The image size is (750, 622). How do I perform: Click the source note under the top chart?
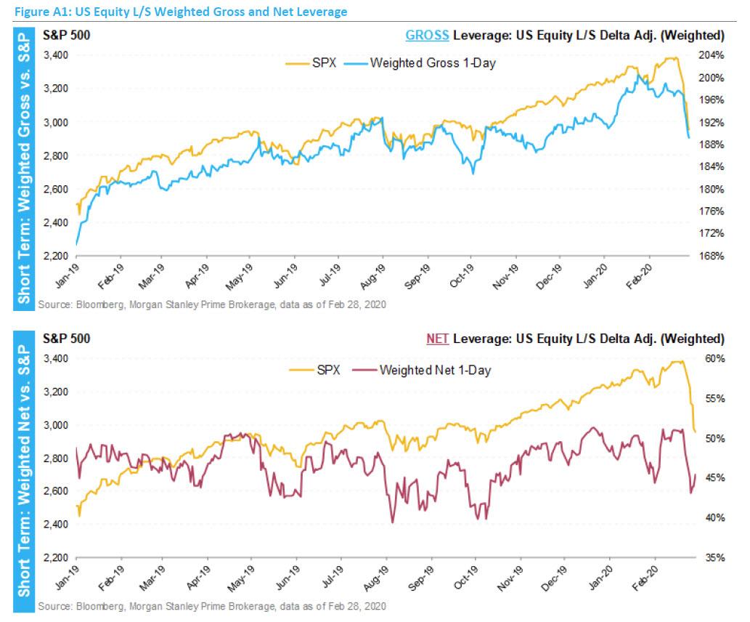point(211,304)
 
